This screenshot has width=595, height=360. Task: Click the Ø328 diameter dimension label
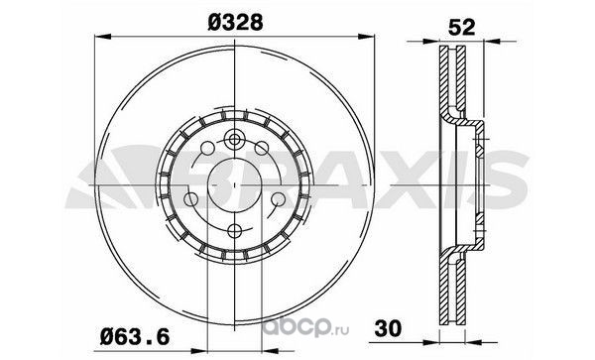235,23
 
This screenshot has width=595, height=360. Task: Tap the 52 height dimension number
461,28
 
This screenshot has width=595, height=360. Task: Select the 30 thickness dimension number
388,328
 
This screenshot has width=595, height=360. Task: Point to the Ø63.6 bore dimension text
135,337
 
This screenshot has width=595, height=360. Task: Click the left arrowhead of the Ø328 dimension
102,37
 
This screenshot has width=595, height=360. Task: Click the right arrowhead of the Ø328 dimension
366,37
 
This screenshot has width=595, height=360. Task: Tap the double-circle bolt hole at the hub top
235,140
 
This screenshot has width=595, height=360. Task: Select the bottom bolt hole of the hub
235,230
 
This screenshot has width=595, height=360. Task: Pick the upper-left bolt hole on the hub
207,148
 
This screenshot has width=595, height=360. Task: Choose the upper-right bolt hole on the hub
262,148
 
